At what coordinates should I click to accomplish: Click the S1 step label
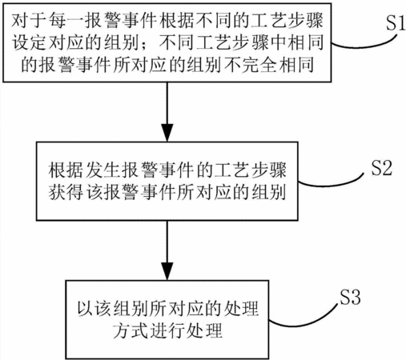coord(396,22)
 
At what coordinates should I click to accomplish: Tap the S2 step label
coord(382,167)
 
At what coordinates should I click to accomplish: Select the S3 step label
coord(350,296)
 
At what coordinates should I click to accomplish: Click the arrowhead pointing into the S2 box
coord(167,133)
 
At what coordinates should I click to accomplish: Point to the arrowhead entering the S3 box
coord(167,271)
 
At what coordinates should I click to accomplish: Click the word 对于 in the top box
coord(29,21)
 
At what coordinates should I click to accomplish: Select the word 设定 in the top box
coord(29,42)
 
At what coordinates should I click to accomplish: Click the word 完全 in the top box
coord(259,65)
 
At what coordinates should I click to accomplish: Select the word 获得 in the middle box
coord(66,192)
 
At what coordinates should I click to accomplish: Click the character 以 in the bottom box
coord(86,309)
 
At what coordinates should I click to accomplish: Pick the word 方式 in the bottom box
coord(131,330)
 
